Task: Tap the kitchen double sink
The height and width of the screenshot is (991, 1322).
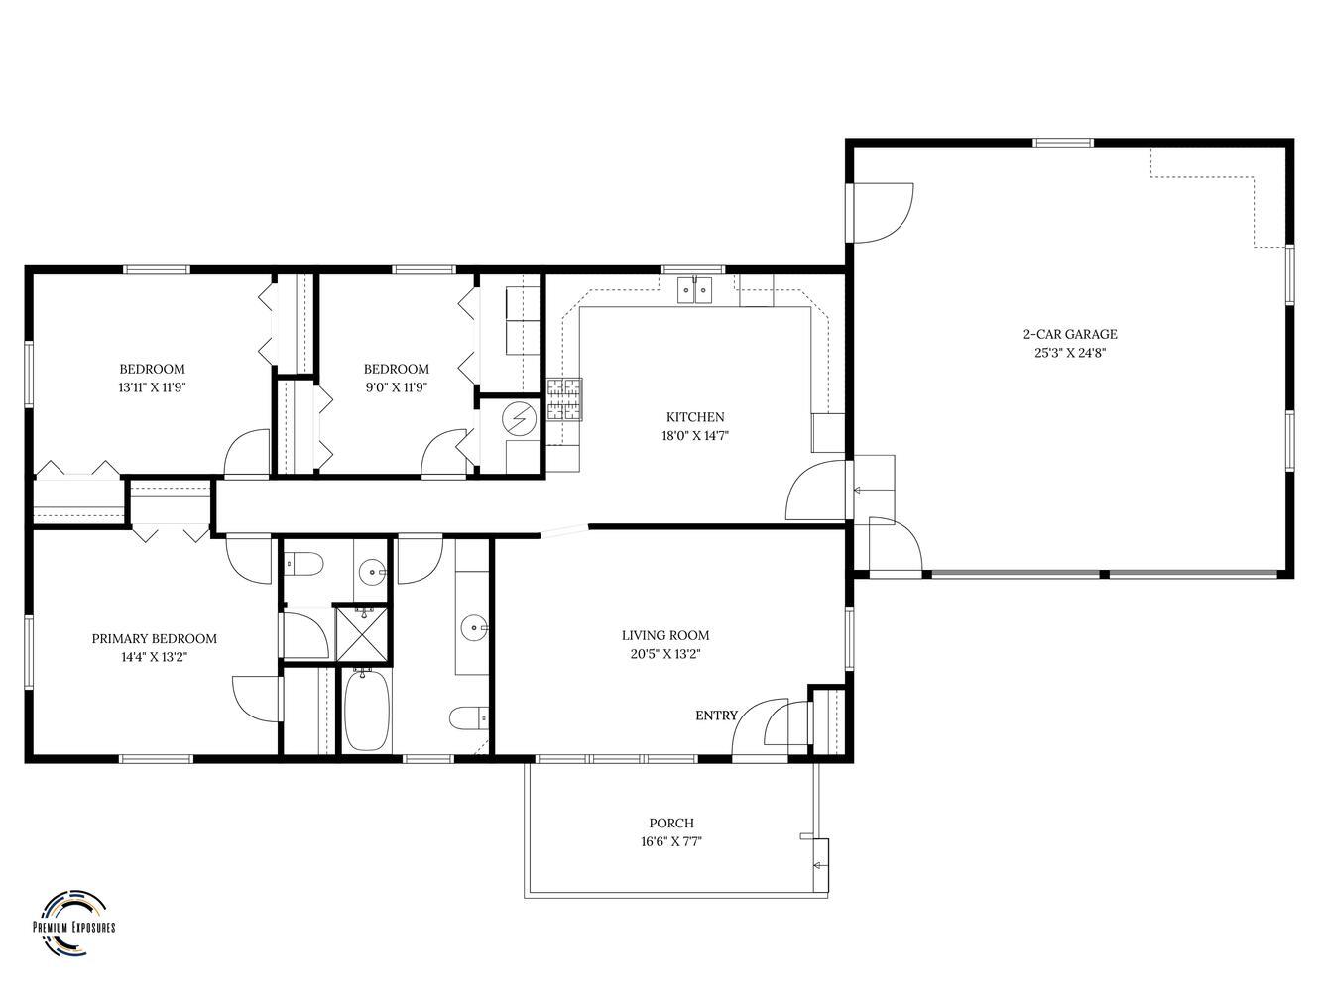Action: [694, 290]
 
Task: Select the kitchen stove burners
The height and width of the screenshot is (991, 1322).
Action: [564, 399]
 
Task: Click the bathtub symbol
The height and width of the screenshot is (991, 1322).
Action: [367, 711]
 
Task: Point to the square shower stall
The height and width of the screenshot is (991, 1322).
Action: [363, 634]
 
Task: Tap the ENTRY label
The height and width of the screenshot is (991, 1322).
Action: [716, 716]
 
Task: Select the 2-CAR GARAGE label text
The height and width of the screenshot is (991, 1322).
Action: [1070, 334]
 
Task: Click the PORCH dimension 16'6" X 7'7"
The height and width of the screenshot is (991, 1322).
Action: [671, 841]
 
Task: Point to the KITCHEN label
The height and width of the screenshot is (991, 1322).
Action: [695, 417]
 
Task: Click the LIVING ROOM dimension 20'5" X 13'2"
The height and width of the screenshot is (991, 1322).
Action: [664, 653]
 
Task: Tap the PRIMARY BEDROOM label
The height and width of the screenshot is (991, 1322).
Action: [154, 638]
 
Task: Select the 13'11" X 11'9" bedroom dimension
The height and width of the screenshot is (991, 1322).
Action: [152, 387]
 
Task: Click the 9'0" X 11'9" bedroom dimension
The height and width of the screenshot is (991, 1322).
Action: [397, 387]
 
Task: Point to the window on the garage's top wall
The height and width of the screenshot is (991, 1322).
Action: [1062, 143]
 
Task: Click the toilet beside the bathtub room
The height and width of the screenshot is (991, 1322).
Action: [468, 717]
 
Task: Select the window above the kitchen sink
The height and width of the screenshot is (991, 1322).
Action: [692, 269]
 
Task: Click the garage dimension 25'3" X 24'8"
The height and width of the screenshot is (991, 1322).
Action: [1070, 353]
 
